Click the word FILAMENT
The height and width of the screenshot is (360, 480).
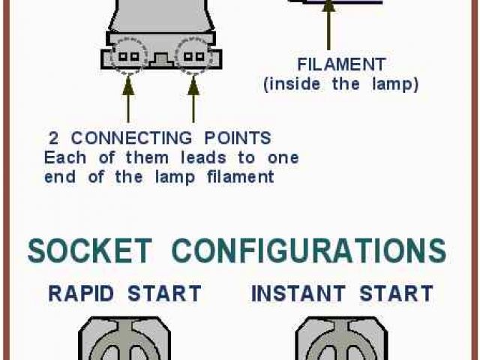[341, 64]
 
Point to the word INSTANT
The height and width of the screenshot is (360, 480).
[299, 293]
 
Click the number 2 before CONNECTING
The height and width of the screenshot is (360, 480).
[54, 138]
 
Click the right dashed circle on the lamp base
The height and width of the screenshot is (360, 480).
[193, 55]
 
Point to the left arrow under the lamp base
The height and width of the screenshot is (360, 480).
[127, 97]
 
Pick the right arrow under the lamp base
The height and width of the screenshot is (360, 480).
[193, 97]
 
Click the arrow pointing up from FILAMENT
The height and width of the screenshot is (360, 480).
[328, 26]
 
